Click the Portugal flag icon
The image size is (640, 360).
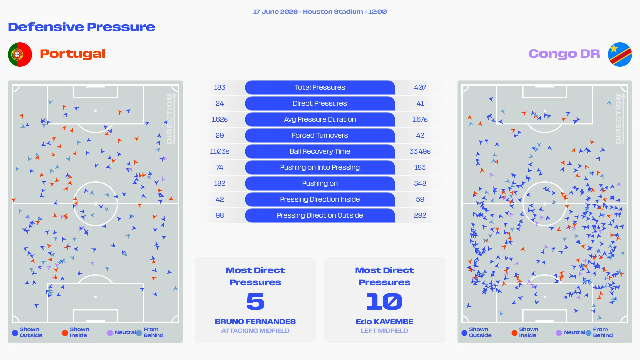[20, 54]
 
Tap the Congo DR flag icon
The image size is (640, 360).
[620, 54]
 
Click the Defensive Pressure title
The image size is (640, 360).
[82, 27]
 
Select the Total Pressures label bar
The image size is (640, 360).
[320, 87]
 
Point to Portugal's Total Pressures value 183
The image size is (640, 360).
[220, 87]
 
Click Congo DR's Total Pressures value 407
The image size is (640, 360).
[420, 87]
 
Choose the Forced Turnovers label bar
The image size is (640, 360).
[320, 135]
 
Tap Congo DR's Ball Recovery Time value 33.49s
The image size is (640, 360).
[420, 151]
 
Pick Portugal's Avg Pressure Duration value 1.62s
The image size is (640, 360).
[220, 119]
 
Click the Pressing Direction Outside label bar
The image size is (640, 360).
[320, 215]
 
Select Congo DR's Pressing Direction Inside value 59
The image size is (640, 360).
[420, 199]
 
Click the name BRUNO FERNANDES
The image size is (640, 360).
[255, 322]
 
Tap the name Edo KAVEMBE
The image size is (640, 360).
[385, 322]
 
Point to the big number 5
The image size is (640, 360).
[255, 301]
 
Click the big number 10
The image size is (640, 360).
[385, 301]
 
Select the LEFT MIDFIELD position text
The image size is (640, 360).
[385, 331]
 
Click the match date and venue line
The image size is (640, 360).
[320, 12]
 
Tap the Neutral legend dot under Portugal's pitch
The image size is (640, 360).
[110, 333]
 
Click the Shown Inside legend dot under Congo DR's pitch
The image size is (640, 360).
[514, 333]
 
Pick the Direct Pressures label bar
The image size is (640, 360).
[320, 103]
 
